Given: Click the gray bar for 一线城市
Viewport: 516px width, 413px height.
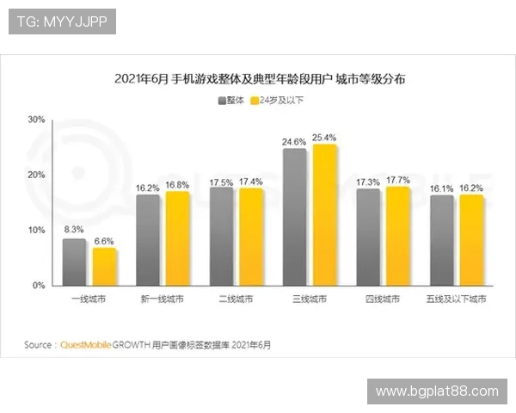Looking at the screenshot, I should pos(74,262).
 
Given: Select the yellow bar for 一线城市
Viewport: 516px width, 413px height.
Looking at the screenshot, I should pos(104,267).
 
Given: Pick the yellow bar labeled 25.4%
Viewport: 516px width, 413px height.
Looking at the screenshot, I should pos(324,214).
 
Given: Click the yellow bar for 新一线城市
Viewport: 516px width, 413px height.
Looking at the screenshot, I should pos(177,238).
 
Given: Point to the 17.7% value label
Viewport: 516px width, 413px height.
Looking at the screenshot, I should pos(398,179).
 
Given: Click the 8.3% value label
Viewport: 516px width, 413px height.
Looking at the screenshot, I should pos(74,230).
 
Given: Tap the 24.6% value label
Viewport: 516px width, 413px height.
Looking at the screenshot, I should pos(294,140).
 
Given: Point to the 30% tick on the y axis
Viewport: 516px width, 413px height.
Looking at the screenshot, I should pos(36,120).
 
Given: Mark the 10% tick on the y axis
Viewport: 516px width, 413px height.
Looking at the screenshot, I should pos(36,230).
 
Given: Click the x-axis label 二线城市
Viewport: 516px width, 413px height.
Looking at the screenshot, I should pos(236,299).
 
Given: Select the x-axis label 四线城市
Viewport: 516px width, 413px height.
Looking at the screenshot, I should pos(383,299).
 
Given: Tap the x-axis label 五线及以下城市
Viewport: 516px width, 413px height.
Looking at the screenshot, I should pos(457,299).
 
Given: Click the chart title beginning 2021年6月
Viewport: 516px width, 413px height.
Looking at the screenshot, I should pos(259,79).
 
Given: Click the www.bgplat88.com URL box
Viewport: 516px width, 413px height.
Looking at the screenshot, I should pos(437,391).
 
